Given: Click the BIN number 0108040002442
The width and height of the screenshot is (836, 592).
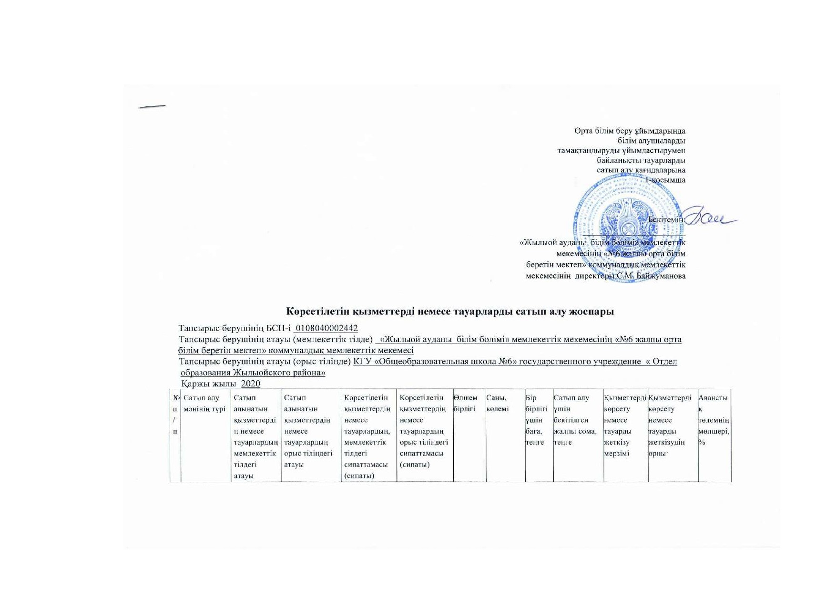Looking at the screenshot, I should click(326, 328).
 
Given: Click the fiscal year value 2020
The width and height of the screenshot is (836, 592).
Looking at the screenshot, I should click(251, 384).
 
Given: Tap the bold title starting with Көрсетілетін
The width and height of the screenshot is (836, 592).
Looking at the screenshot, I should click(450, 312).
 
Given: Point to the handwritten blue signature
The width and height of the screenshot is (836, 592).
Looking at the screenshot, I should click(710, 218).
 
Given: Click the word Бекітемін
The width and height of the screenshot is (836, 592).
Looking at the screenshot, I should click(666, 220).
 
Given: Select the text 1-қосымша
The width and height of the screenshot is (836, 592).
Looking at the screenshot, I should click(665, 180).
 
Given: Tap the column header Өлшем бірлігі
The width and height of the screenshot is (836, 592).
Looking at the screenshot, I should click(466, 403).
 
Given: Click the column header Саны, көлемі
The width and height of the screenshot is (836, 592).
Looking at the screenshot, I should click(497, 403).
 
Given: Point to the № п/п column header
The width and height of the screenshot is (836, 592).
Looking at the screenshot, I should click(175, 414).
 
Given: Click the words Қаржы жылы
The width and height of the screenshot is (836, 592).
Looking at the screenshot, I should click(209, 384).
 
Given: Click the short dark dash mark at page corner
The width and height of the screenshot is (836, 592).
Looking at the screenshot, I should click(152, 106).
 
